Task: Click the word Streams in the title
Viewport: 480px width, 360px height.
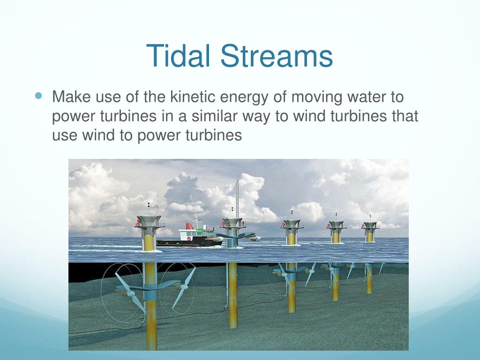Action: point(277,55)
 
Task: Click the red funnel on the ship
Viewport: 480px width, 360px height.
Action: point(190,226)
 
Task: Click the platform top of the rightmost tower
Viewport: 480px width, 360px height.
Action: point(370,225)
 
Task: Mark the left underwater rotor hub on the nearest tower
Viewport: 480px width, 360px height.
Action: point(130,294)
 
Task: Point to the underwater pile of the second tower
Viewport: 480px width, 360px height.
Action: point(233,295)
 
